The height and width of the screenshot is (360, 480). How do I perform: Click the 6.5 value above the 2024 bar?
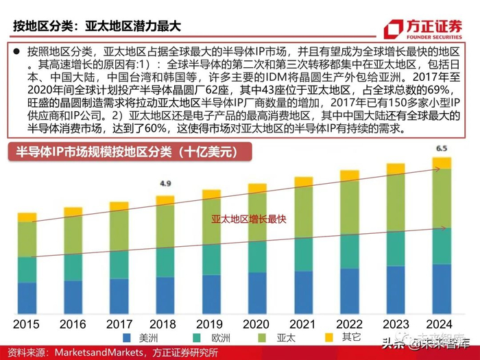pyautogui.click(x=442, y=148)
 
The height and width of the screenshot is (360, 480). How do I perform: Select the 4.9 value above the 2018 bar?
pyautogui.click(x=165, y=184)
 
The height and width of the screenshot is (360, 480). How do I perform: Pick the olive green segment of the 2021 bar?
pyautogui.click(x=303, y=213)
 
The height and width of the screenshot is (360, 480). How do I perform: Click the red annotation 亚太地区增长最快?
pyautogui.click(x=238, y=219)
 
